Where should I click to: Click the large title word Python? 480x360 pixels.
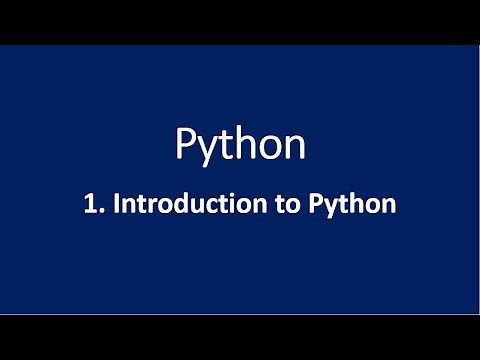240,146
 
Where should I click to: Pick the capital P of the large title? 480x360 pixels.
186,145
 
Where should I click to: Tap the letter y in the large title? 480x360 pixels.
207,150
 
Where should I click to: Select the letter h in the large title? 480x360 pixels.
244,144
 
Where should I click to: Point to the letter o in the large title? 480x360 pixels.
268,148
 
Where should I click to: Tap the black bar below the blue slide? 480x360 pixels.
240,337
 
